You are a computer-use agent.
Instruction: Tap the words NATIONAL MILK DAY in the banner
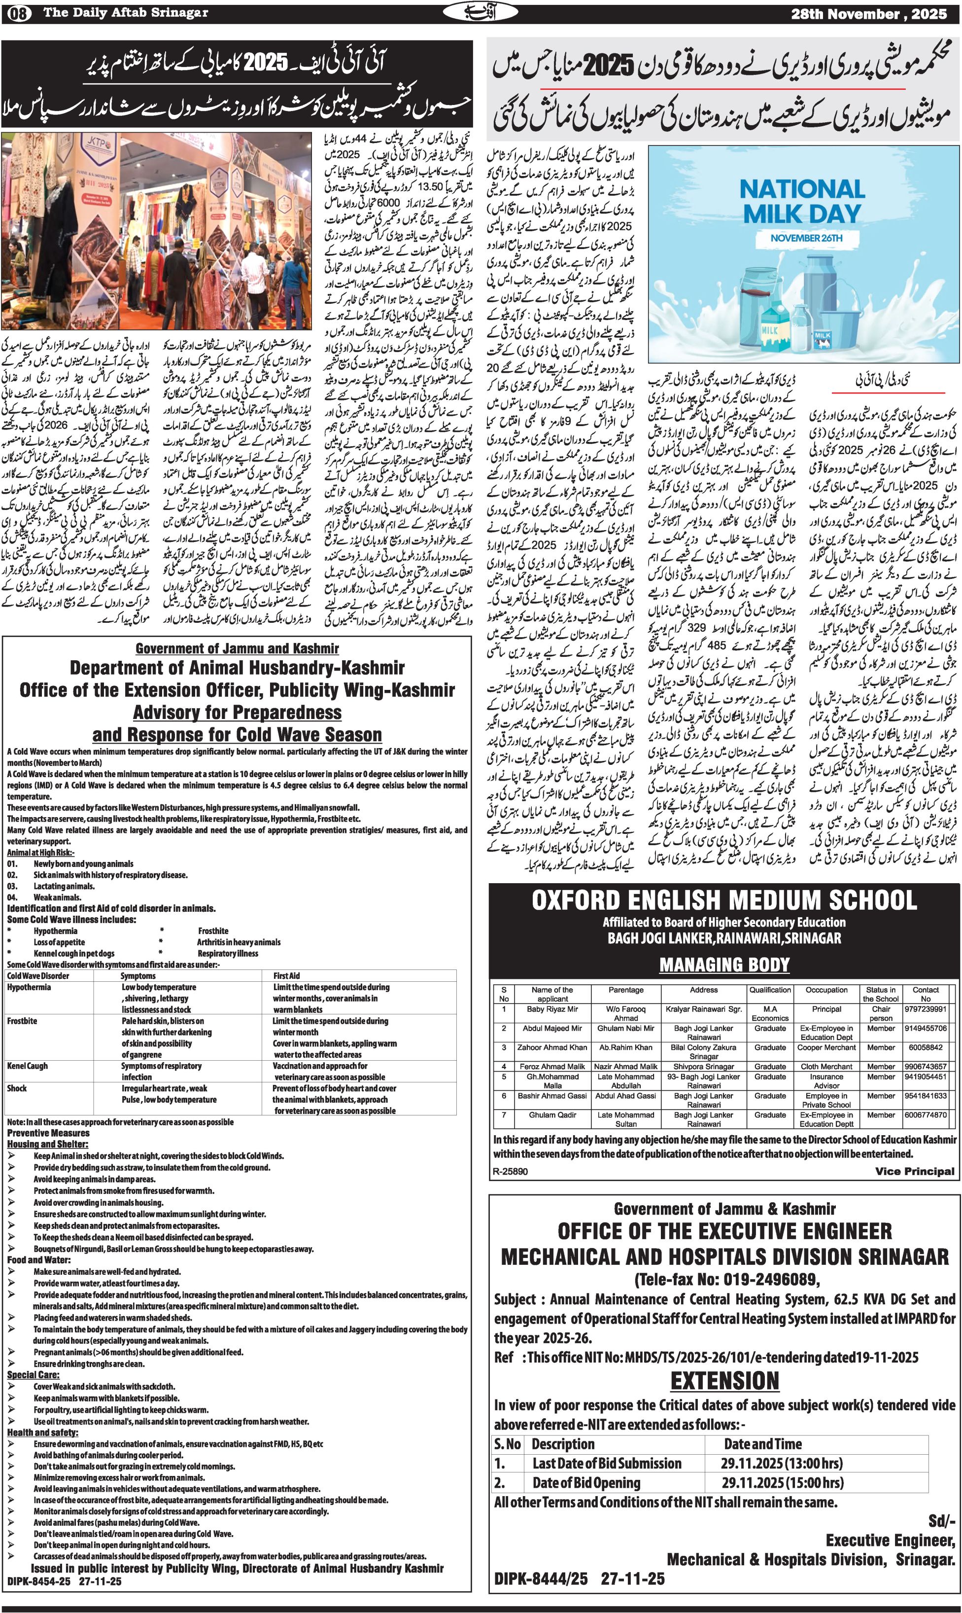coord(802,201)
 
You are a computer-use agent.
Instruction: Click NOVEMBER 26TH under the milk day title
coord(806,238)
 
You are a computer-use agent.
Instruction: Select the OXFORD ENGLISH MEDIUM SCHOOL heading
coord(724,900)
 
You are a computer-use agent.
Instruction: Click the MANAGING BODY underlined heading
coord(724,965)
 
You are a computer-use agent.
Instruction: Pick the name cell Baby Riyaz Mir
coord(552,1009)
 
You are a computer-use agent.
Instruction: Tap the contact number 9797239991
coord(925,1009)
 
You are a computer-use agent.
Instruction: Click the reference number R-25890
coord(511,1171)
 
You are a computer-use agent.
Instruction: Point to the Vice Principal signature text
coord(914,1171)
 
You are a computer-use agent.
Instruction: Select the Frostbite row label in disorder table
coord(22,1021)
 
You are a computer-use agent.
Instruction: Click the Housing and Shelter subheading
coord(47,1144)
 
